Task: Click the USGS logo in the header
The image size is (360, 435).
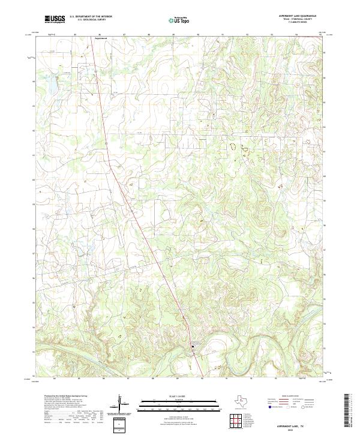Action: [55, 19]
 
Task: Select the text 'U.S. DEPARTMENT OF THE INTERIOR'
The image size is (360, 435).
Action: [91, 17]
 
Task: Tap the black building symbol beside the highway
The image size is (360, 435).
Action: [193, 344]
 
